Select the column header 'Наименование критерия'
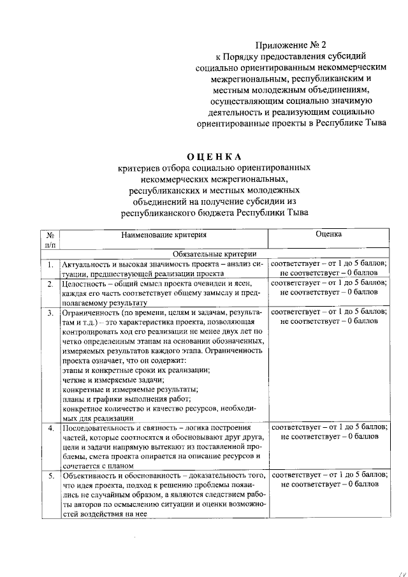pyautogui.click(x=163, y=235)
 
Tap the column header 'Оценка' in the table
pyautogui.click(x=328, y=235)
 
